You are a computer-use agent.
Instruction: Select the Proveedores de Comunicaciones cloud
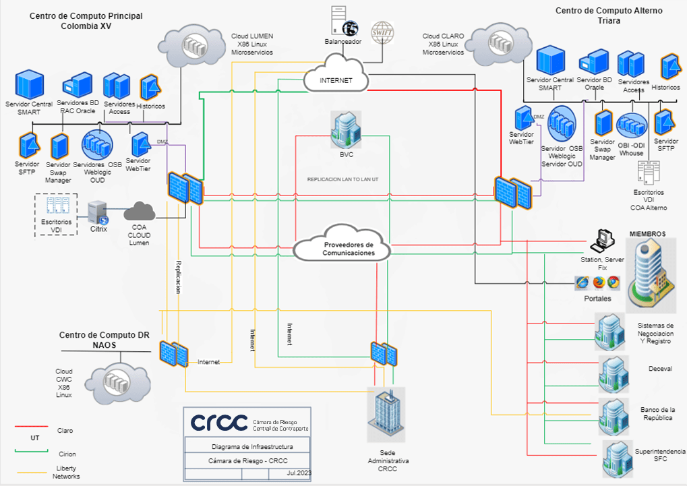click(342, 248)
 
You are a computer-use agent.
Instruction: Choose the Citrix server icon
click(98, 211)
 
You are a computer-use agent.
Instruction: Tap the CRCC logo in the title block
click(219, 422)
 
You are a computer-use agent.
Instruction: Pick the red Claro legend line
click(31, 427)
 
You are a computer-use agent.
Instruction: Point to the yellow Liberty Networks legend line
click(31, 471)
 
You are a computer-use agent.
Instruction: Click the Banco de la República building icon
click(614, 412)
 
